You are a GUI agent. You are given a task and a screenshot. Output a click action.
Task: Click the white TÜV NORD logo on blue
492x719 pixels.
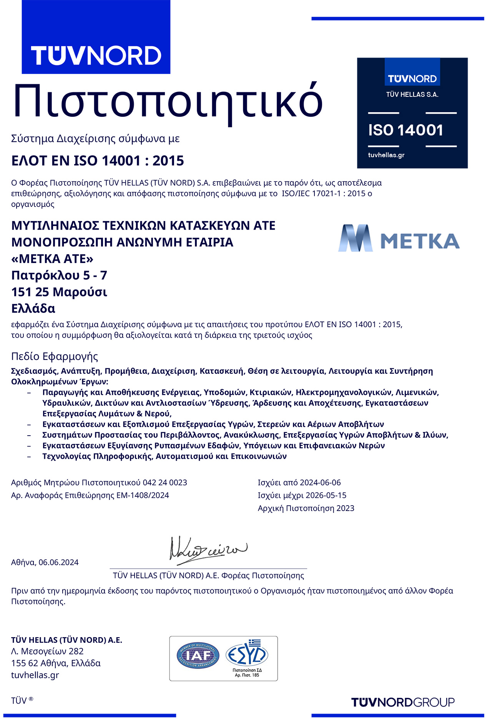[x=96, y=56]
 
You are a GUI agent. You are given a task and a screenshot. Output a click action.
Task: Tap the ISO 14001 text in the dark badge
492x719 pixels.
[x=406, y=130]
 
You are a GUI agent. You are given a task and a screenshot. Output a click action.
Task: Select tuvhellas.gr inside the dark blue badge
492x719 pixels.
[x=386, y=155]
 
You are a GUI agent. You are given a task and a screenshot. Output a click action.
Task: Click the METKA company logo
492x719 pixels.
[x=399, y=238]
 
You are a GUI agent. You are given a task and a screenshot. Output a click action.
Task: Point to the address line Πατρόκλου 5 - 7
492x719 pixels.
[x=59, y=275]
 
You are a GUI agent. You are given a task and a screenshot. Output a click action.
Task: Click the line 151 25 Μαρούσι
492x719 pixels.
[x=59, y=292]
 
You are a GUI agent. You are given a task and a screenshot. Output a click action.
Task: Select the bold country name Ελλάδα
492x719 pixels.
[x=33, y=308]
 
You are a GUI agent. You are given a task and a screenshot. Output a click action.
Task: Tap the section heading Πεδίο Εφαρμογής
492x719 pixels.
[x=55, y=356]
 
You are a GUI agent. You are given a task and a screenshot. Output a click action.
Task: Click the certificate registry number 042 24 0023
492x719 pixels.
[x=165, y=483]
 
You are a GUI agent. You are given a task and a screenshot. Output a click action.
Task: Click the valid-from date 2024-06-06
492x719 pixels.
[x=320, y=483]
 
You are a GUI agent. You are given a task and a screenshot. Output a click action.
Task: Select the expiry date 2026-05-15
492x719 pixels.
[x=326, y=495]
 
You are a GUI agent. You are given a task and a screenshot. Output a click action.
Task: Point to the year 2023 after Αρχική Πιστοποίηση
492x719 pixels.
[x=345, y=508]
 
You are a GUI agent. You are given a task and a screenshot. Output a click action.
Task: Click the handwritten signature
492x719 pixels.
[x=208, y=550]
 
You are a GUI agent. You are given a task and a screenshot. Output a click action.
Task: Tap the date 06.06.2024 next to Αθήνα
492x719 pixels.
[x=58, y=563]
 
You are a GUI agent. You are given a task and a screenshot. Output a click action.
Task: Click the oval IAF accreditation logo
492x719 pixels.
[x=198, y=656]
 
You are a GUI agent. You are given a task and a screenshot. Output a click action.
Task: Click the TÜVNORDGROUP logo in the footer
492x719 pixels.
[x=403, y=702]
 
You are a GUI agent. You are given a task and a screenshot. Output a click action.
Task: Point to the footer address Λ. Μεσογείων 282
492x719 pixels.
[x=47, y=651]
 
